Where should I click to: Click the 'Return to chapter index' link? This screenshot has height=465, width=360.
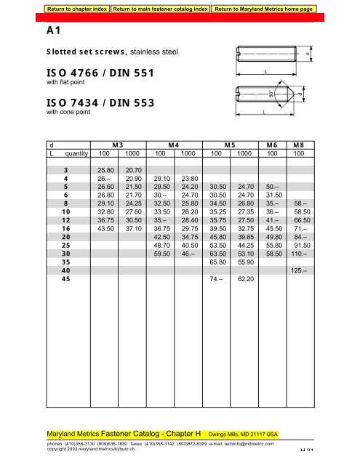[x=76, y=9]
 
